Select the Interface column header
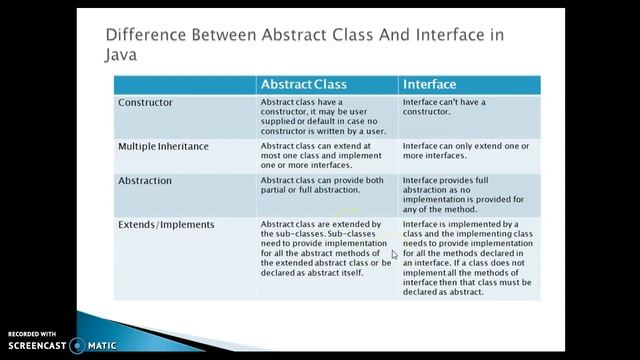[429, 85]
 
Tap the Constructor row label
[145, 102]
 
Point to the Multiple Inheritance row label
[163, 146]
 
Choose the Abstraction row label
[145, 181]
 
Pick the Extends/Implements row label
[166, 225]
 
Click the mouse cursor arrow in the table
[395, 255]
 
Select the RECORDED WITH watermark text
[32, 333]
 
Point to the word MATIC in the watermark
[103, 346]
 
